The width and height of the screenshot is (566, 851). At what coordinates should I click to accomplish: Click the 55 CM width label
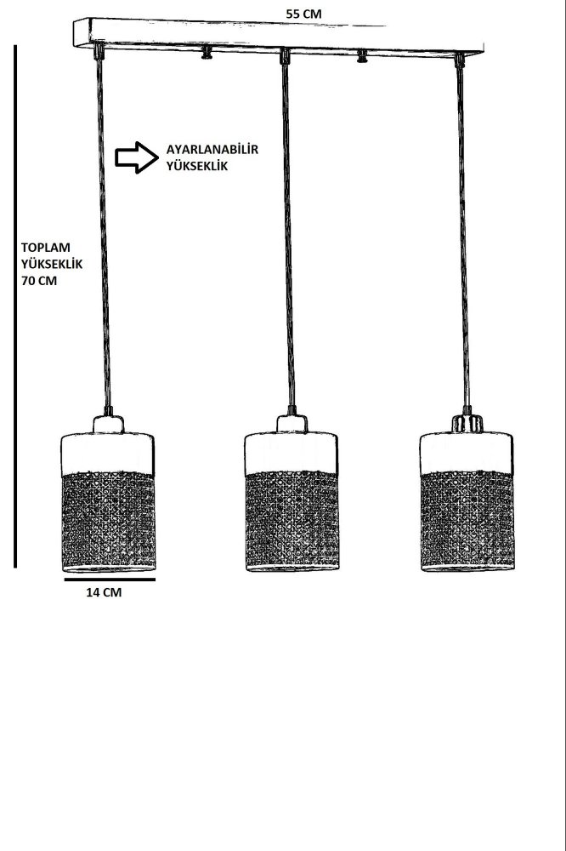(x=303, y=14)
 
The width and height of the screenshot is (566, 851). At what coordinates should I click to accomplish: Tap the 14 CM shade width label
(x=104, y=592)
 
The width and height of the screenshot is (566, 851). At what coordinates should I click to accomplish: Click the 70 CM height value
(x=39, y=281)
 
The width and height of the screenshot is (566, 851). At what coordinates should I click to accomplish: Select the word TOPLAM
(x=46, y=248)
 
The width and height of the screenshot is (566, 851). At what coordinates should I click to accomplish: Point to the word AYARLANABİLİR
(x=212, y=149)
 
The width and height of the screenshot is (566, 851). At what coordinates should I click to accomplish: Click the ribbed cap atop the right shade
(x=467, y=423)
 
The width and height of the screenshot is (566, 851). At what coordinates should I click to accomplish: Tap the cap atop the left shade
(x=108, y=424)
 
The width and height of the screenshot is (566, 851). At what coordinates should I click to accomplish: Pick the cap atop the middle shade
(x=291, y=424)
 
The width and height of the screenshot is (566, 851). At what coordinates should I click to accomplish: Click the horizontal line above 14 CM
(x=110, y=579)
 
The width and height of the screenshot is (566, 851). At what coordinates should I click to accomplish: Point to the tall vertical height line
(x=15, y=306)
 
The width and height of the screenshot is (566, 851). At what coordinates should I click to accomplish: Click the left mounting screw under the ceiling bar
(x=207, y=53)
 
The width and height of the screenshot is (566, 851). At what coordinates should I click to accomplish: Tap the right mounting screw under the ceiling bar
(x=362, y=56)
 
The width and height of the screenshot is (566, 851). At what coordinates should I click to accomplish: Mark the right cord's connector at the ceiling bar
(x=459, y=60)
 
